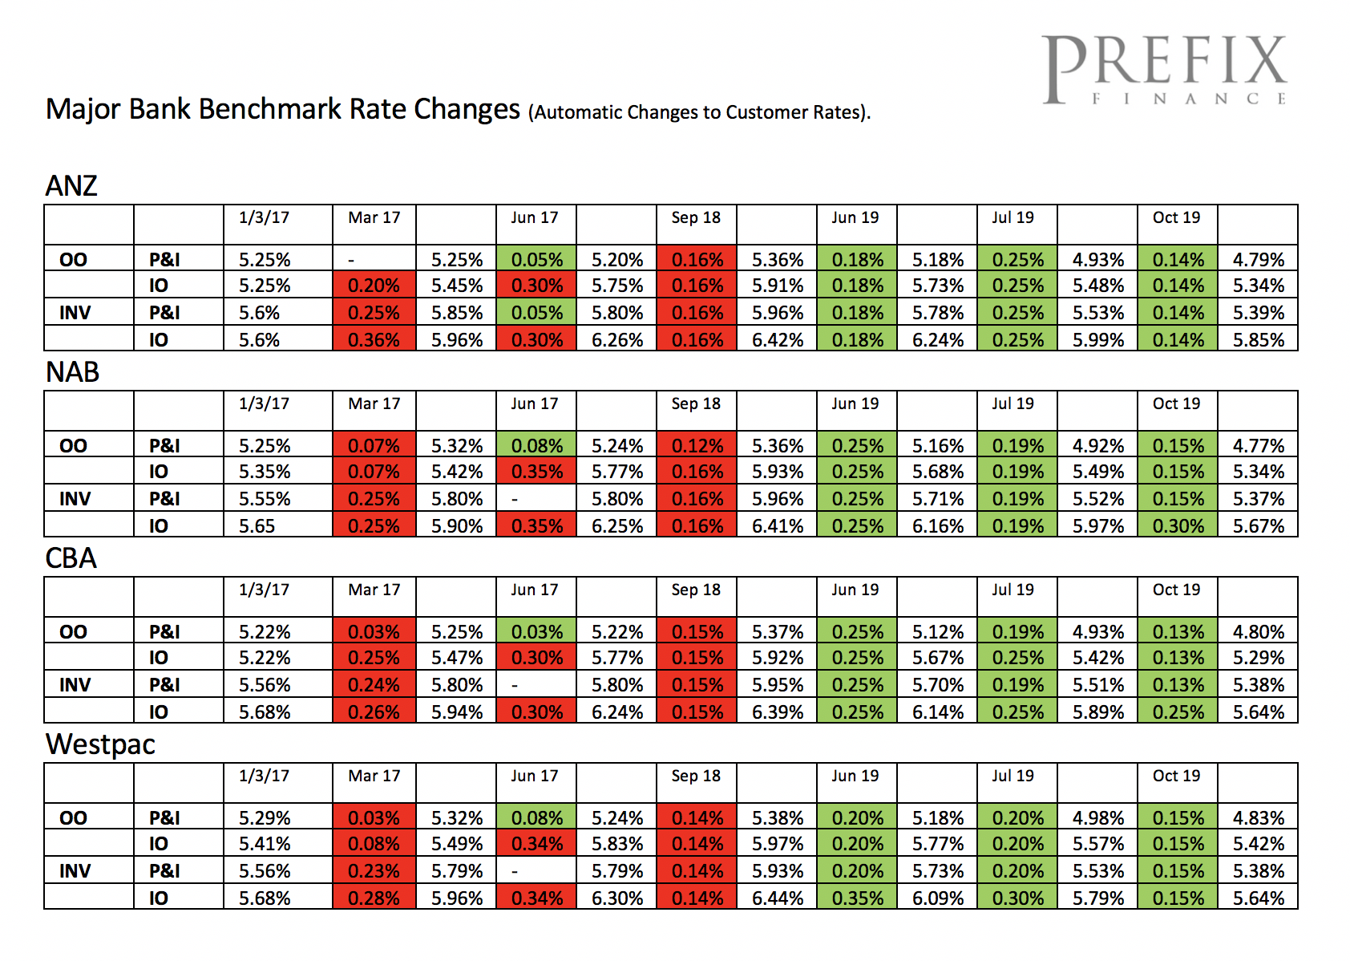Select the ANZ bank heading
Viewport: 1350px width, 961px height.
pos(71,186)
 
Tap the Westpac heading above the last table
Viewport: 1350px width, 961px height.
pos(100,744)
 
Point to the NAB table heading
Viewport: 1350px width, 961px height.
pos(72,372)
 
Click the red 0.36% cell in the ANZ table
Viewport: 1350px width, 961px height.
pos(374,339)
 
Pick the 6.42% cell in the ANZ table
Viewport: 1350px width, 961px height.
pos(777,339)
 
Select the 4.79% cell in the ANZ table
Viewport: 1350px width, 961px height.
pos(1258,260)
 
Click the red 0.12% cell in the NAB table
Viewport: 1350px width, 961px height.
pos(697,446)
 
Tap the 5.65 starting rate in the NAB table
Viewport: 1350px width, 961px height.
pos(257,526)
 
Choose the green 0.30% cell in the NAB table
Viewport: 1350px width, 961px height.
pos(1178,526)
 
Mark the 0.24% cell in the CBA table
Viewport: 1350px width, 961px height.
pos(374,685)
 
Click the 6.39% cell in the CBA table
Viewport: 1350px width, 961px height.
pos(777,712)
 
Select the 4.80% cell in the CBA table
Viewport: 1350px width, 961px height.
pos(1258,632)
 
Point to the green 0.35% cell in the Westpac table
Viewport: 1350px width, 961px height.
pos(857,898)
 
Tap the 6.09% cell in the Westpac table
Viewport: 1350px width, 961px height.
pos(937,898)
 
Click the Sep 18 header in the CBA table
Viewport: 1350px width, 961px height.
pos(696,590)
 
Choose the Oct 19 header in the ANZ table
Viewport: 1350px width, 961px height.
pos(1176,217)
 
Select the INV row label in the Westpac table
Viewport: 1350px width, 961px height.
pos(75,871)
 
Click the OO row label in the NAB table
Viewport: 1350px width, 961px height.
pos(73,446)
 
